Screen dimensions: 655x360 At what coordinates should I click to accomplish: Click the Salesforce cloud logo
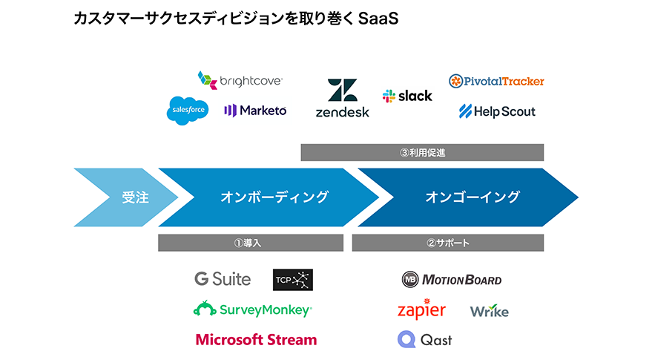(x=188, y=111)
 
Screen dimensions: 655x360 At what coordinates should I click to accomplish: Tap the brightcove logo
(x=240, y=80)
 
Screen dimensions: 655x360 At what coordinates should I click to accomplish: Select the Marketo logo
(x=255, y=111)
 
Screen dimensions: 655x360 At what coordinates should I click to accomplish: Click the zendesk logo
(x=343, y=98)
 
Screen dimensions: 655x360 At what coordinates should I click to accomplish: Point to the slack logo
(x=407, y=96)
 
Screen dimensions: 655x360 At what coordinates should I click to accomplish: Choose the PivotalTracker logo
(x=496, y=81)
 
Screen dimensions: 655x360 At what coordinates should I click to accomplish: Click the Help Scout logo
(x=497, y=111)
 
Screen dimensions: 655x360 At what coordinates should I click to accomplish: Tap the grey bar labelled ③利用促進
(x=422, y=153)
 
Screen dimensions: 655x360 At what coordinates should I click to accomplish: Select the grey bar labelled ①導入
(x=251, y=243)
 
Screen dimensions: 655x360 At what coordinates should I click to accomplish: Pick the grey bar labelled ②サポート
(x=448, y=243)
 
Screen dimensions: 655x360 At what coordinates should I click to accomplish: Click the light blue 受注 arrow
(x=125, y=197)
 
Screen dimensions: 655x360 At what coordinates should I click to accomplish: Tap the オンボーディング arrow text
(x=274, y=197)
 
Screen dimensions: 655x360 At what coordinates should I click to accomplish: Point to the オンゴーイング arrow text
(x=473, y=197)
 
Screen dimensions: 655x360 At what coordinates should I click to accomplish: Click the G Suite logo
(x=223, y=279)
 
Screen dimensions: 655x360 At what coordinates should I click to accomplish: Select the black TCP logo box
(x=293, y=280)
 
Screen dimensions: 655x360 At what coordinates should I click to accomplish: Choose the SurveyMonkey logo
(x=253, y=310)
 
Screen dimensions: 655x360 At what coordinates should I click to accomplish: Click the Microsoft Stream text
(x=256, y=339)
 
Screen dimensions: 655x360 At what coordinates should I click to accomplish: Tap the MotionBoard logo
(x=452, y=280)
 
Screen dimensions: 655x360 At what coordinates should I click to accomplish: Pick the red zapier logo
(x=421, y=310)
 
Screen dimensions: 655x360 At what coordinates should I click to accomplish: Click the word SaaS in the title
(x=378, y=19)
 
